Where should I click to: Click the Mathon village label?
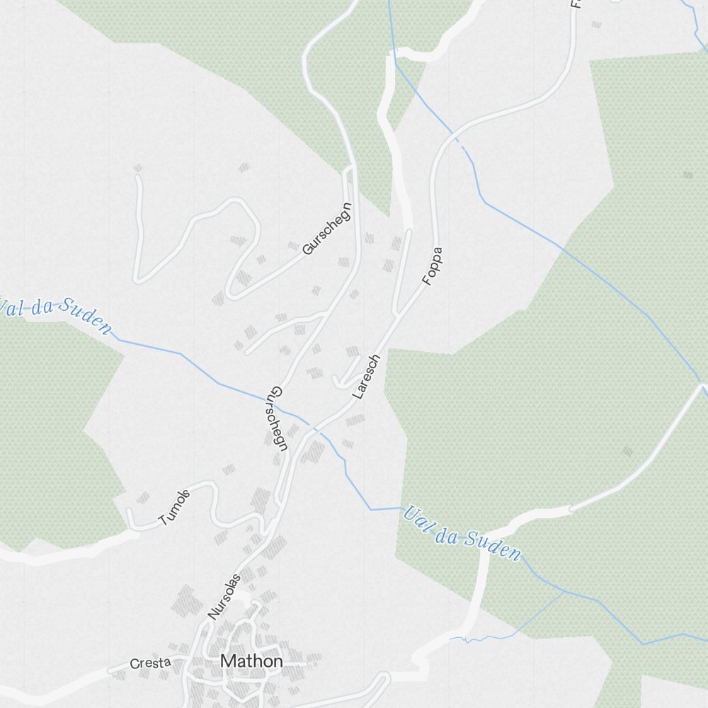click(251, 661)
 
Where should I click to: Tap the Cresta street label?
click(150, 663)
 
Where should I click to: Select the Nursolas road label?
click(224, 597)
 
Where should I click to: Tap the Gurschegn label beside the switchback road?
click(326, 229)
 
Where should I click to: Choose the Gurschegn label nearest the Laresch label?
click(279, 419)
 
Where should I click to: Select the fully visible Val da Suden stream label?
click(462, 534)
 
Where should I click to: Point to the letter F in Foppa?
click(426, 281)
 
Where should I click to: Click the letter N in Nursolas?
click(212, 616)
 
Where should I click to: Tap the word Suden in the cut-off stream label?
click(85, 316)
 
